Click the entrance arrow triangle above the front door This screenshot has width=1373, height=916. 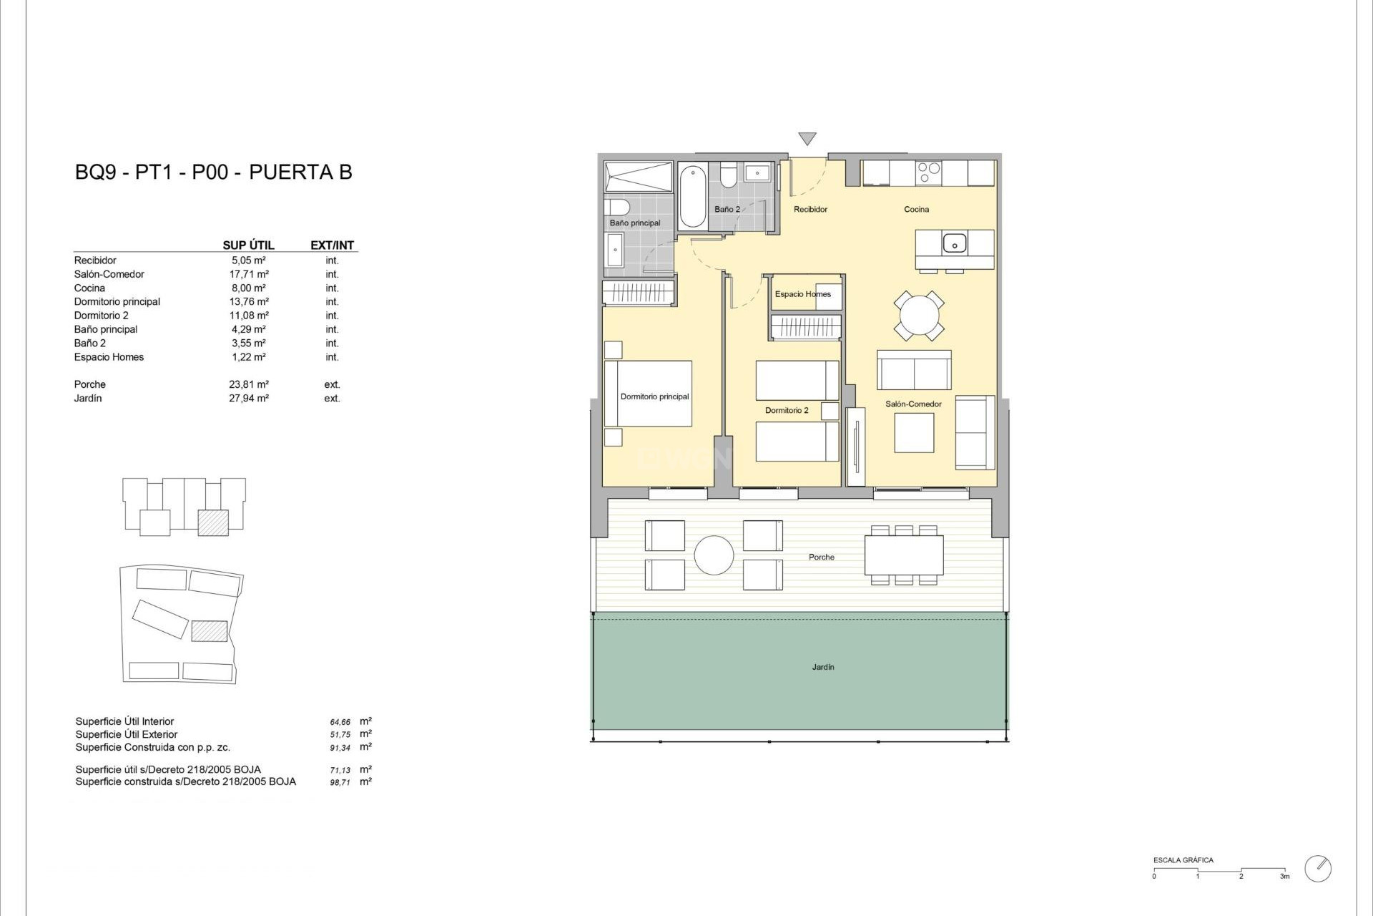[807, 138]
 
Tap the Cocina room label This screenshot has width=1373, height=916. [916, 210]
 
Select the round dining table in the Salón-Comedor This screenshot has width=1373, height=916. [919, 316]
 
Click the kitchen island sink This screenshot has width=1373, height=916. [954, 243]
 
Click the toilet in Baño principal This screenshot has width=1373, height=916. [617, 208]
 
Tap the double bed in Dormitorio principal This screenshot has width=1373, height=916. [649, 394]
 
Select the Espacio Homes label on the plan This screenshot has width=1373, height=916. [802, 294]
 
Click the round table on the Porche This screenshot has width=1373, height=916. [714, 555]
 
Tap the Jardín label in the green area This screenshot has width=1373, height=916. [823, 667]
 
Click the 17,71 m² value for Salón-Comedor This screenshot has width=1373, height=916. [249, 274]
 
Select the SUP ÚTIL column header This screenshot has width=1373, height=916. [248, 245]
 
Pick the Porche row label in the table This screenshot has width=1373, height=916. [90, 384]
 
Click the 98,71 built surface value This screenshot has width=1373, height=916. [340, 783]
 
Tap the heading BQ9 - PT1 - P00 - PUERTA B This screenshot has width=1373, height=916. [214, 172]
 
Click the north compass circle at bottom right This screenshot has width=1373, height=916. [1318, 868]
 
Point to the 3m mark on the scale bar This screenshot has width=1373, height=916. [1284, 876]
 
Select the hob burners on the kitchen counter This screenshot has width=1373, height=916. [929, 172]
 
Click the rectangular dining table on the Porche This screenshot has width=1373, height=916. [904, 555]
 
